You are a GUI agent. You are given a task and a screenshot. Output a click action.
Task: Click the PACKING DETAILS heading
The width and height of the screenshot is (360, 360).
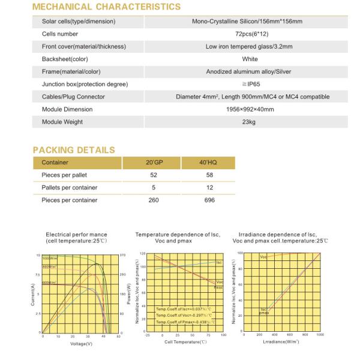(x=73, y=149)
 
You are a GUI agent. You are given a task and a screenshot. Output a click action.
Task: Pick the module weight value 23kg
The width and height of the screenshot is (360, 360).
(x=249, y=122)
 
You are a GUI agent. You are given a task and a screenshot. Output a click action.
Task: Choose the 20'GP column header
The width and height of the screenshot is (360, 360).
(x=154, y=163)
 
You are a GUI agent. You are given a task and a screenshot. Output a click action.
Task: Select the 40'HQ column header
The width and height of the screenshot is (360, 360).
(x=209, y=163)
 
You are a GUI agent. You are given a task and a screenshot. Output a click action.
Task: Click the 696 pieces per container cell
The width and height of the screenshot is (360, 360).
(x=209, y=200)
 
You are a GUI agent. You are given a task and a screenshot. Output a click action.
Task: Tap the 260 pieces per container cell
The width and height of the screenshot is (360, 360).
(x=154, y=200)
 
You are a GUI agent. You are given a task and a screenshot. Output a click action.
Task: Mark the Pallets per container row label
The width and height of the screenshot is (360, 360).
(x=70, y=188)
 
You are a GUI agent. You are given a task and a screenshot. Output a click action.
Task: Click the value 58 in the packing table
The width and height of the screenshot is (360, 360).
(x=209, y=175)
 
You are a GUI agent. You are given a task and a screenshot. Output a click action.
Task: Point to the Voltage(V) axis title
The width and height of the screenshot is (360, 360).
(x=81, y=344)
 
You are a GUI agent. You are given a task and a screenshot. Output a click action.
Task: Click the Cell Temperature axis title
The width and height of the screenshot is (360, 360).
(x=185, y=342)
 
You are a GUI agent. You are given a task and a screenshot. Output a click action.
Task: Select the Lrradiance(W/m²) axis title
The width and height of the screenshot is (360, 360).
(x=280, y=342)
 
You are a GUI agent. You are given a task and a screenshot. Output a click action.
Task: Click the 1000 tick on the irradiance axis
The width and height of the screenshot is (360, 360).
(x=319, y=335)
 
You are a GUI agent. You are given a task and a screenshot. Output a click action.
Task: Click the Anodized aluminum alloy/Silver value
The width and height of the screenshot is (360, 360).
(x=249, y=72)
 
